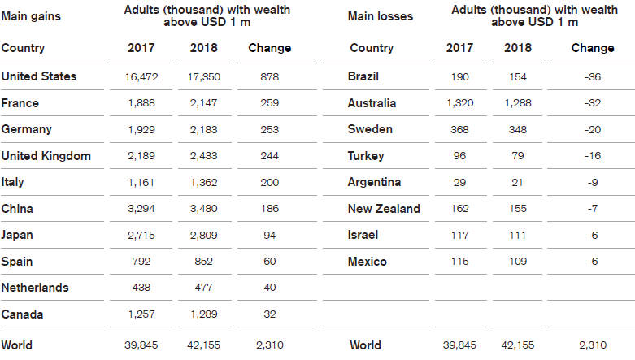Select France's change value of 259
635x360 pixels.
pyautogui.click(x=269, y=103)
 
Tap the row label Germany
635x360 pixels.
pyautogui.click(x=27, y=130)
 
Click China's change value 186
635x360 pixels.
pyautogui.click(x=269, y=209)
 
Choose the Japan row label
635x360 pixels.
pyautogui.click(x=20, y=236)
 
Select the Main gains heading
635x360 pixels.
pyautogui.click(x=31, y=16)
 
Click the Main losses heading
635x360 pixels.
pyautogui.click(x=380, y=16)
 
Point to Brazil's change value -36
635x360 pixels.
pyautogui.click(x=592, y=77)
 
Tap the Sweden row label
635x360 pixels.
pyautogui.click(x=370, y=130)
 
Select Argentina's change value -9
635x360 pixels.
pyautogui.click(x=592, y=183)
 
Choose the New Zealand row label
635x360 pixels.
pyautogui.click(x=384, y=209)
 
